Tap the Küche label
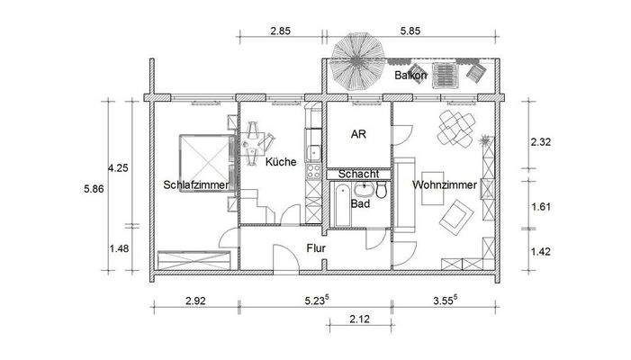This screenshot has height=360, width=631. point(282,162)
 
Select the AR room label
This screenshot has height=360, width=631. point(356,130)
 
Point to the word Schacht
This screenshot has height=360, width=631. point(357,174)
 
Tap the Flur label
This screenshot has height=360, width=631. point(315,247)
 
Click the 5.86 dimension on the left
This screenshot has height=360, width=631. point(94,189)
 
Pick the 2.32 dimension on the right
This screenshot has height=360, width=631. point(541,141)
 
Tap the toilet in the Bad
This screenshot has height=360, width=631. point(382,191)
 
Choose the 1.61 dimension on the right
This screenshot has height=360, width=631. point(541,207)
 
